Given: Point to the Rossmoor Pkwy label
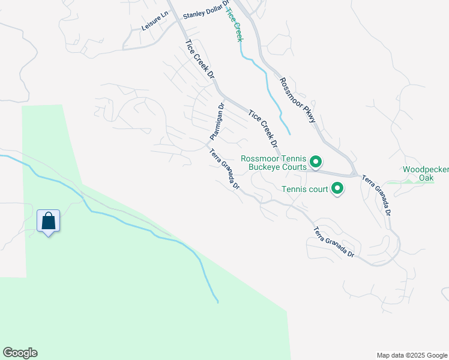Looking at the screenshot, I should point(298,101).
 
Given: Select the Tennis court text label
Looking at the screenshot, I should point(305,190).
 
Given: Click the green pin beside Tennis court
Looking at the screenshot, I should point(337,190).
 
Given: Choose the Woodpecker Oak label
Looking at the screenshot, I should point(426,173).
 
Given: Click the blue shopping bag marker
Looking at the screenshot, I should point(48,221).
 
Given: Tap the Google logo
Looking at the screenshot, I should point(20,353).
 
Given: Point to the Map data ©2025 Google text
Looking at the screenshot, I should point(411,355).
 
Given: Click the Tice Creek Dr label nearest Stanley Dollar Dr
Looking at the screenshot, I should point(200,60).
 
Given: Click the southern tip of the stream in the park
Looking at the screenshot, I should point(217,301).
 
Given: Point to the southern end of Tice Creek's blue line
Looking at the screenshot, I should point(289,133).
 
